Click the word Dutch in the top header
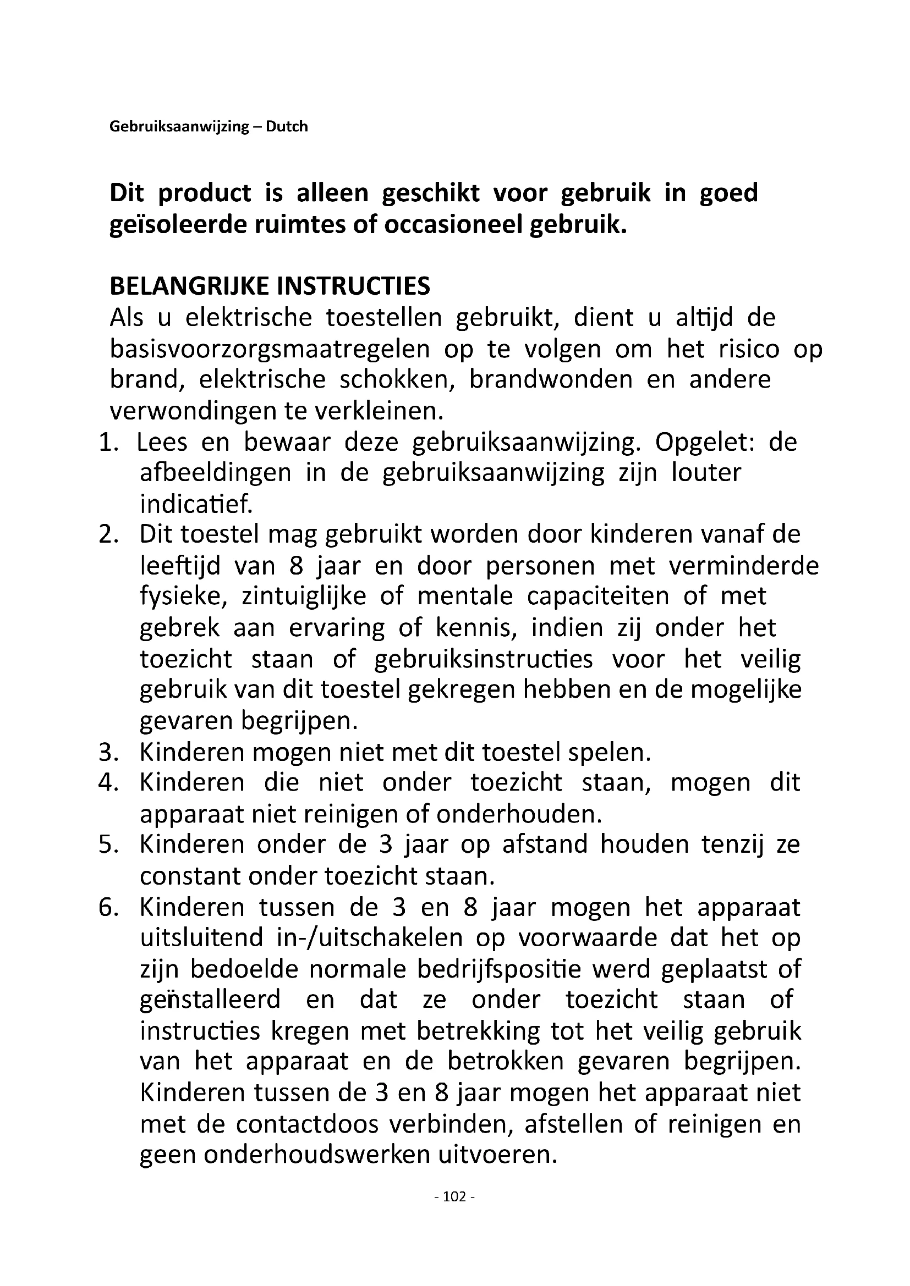286,126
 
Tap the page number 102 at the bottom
454,1197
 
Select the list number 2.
108,535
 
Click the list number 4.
108,782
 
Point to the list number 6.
108,907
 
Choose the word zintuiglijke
304,597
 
